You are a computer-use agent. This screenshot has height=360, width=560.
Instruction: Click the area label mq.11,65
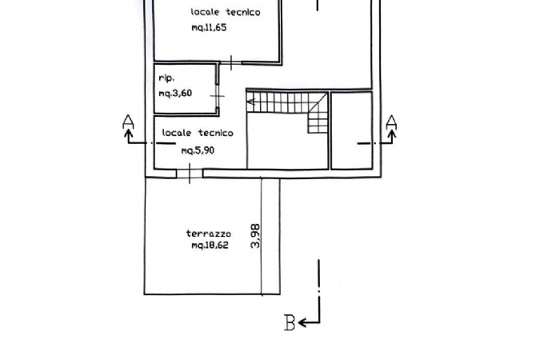tap(209, 27)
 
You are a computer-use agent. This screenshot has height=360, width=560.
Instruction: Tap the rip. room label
tap(166, 78)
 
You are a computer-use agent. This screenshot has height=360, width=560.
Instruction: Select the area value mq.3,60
tap(175, 94)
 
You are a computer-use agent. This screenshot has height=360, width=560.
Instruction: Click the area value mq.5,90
tap(198, 150)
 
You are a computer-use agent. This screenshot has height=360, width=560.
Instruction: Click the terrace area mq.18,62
tap(210, 245)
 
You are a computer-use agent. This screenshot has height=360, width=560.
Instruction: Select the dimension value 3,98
tap(256, 236)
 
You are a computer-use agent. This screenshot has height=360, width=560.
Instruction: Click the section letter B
tap(290, 322)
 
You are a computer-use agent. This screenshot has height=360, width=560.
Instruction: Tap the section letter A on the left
tap(128, 122)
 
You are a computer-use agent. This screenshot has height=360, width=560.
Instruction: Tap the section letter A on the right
tap(392, 122)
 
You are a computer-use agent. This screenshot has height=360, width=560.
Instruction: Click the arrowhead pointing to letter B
tap(302, 323)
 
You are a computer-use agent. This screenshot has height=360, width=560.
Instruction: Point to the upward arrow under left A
tap(129, 137)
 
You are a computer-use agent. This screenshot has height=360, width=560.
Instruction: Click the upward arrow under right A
tap(392, 137)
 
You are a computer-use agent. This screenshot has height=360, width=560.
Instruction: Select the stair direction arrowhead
tap(250, 102)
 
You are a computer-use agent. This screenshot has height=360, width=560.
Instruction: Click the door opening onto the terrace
tap(190, 174)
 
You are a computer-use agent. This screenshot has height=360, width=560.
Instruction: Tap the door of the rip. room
tap(217, 96)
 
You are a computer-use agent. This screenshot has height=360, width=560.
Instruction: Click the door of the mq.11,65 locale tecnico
tap(230, 63)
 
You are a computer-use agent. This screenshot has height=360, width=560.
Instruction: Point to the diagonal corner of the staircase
tap(318, 103)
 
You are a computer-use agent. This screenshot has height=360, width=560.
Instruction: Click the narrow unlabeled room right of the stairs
tap(352, 130)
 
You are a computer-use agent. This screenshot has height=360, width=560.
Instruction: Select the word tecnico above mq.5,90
tap(215, 133)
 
